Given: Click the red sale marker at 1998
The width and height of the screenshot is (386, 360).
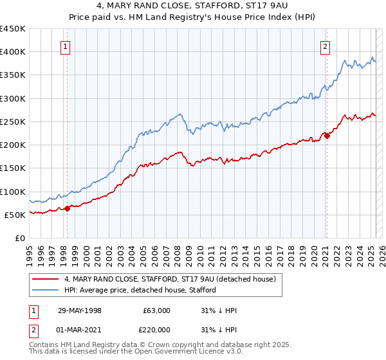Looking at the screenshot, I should (67, 208).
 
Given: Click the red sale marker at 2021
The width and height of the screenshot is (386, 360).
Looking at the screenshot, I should (327, 135).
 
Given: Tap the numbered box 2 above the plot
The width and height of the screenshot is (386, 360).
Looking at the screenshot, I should (326, 46).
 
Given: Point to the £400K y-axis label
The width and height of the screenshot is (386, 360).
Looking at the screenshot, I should (12, 52).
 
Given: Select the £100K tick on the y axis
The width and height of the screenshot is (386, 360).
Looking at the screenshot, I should (12, 192).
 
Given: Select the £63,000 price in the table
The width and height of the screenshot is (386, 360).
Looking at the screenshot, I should (156, 310).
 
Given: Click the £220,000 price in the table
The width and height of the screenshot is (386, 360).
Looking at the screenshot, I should (156, 330).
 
